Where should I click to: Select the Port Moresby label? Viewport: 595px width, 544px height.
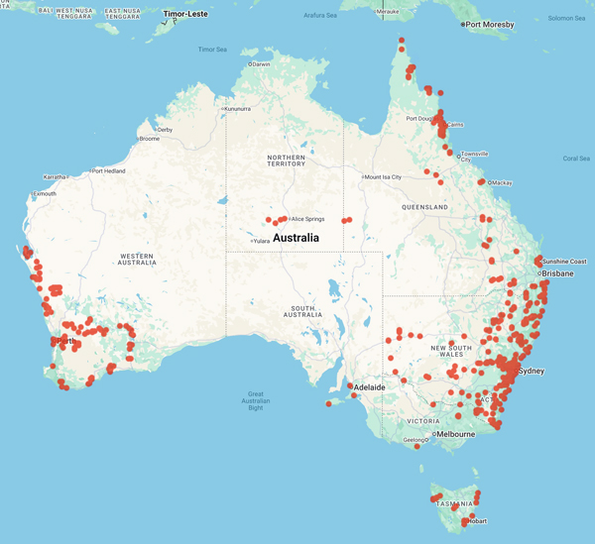pos(492,24)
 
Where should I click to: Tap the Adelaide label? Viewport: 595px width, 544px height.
pos(370,387)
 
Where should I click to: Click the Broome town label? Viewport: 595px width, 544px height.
pos(149,139)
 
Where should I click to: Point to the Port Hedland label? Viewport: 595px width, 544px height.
pos(111,170)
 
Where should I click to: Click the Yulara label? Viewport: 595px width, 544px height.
pos(262,240)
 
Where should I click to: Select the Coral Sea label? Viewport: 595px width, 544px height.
pos(575,158)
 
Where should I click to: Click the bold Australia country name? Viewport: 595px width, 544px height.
pos(296,238)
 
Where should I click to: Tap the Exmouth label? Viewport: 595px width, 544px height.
pos(45,193)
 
